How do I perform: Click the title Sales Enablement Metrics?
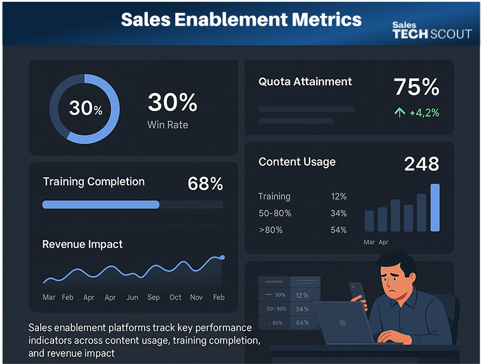click(x=241, y=19)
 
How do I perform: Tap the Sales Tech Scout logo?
click(x=431, y=31)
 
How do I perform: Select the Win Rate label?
click(x=168, y=125)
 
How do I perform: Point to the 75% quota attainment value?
click(x=416, y=87)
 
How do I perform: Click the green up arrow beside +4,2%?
click(x=400, y=113)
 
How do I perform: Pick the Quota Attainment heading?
click(x=305, y=82)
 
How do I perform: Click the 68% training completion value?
click(x=205, y=184)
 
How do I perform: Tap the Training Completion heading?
click(x=94, y=182)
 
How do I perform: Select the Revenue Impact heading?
click(x=82, y=244)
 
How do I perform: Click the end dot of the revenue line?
click(x=222, y=257)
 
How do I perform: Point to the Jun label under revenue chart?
click(x=132, y=297)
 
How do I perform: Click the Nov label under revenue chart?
click(x=196, y=297)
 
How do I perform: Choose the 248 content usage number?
click(x=421, y=164)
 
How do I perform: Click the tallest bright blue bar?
click(x=435, y=207)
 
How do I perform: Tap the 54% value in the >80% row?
click(x=338, y=229)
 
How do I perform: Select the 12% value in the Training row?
click(x=338, y=196)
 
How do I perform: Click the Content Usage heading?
click(x=297, y=162)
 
